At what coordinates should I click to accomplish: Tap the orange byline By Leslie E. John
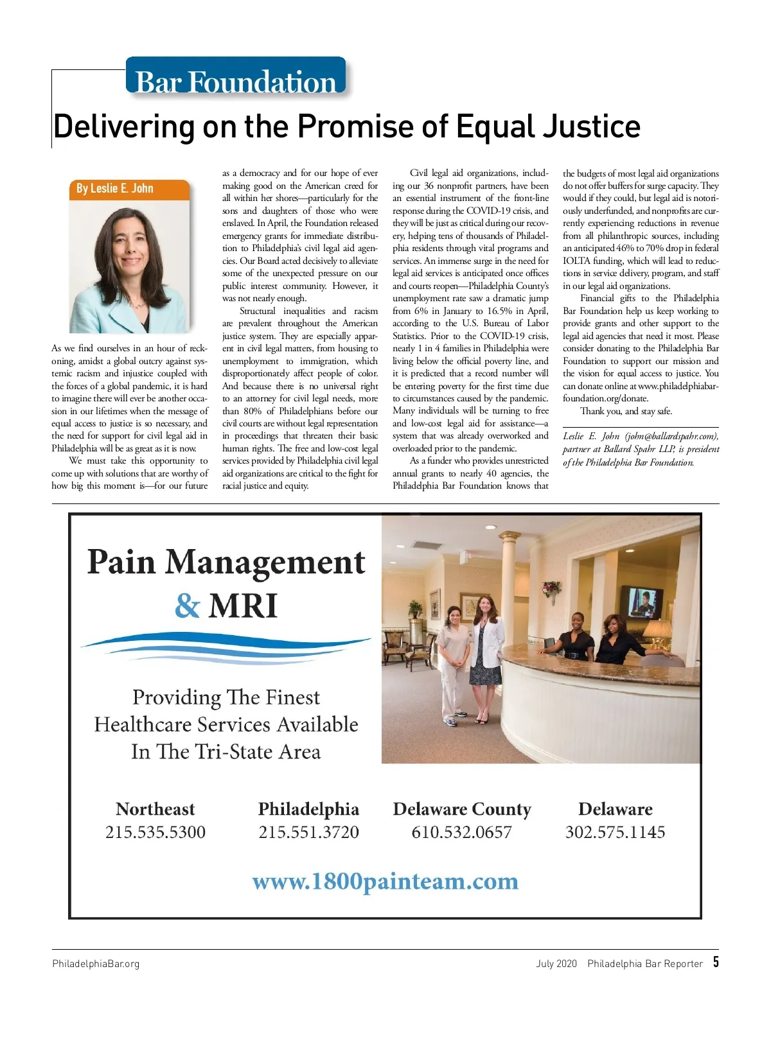[x=115, y=188]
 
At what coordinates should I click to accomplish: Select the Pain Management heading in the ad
[x=226, y=562]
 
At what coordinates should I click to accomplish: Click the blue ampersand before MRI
[x=187, y=606]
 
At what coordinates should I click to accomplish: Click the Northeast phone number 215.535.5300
[x=155, y=832]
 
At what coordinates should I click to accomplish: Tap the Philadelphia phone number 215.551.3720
[x=308, y=832]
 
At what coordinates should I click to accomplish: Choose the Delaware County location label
[x=462, y=809]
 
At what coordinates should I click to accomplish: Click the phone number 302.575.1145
[x=615, y=832]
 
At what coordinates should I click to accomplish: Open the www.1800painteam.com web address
[x=385, y=881]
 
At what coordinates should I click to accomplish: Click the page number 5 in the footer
[x=716, y=962]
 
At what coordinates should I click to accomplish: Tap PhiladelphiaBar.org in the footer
[x=96, y=963]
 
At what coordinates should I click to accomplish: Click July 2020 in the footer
[x=556, y=963]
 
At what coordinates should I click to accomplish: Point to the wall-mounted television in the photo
[x=641, y=601]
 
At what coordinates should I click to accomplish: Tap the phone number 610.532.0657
[x=462, y=832]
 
